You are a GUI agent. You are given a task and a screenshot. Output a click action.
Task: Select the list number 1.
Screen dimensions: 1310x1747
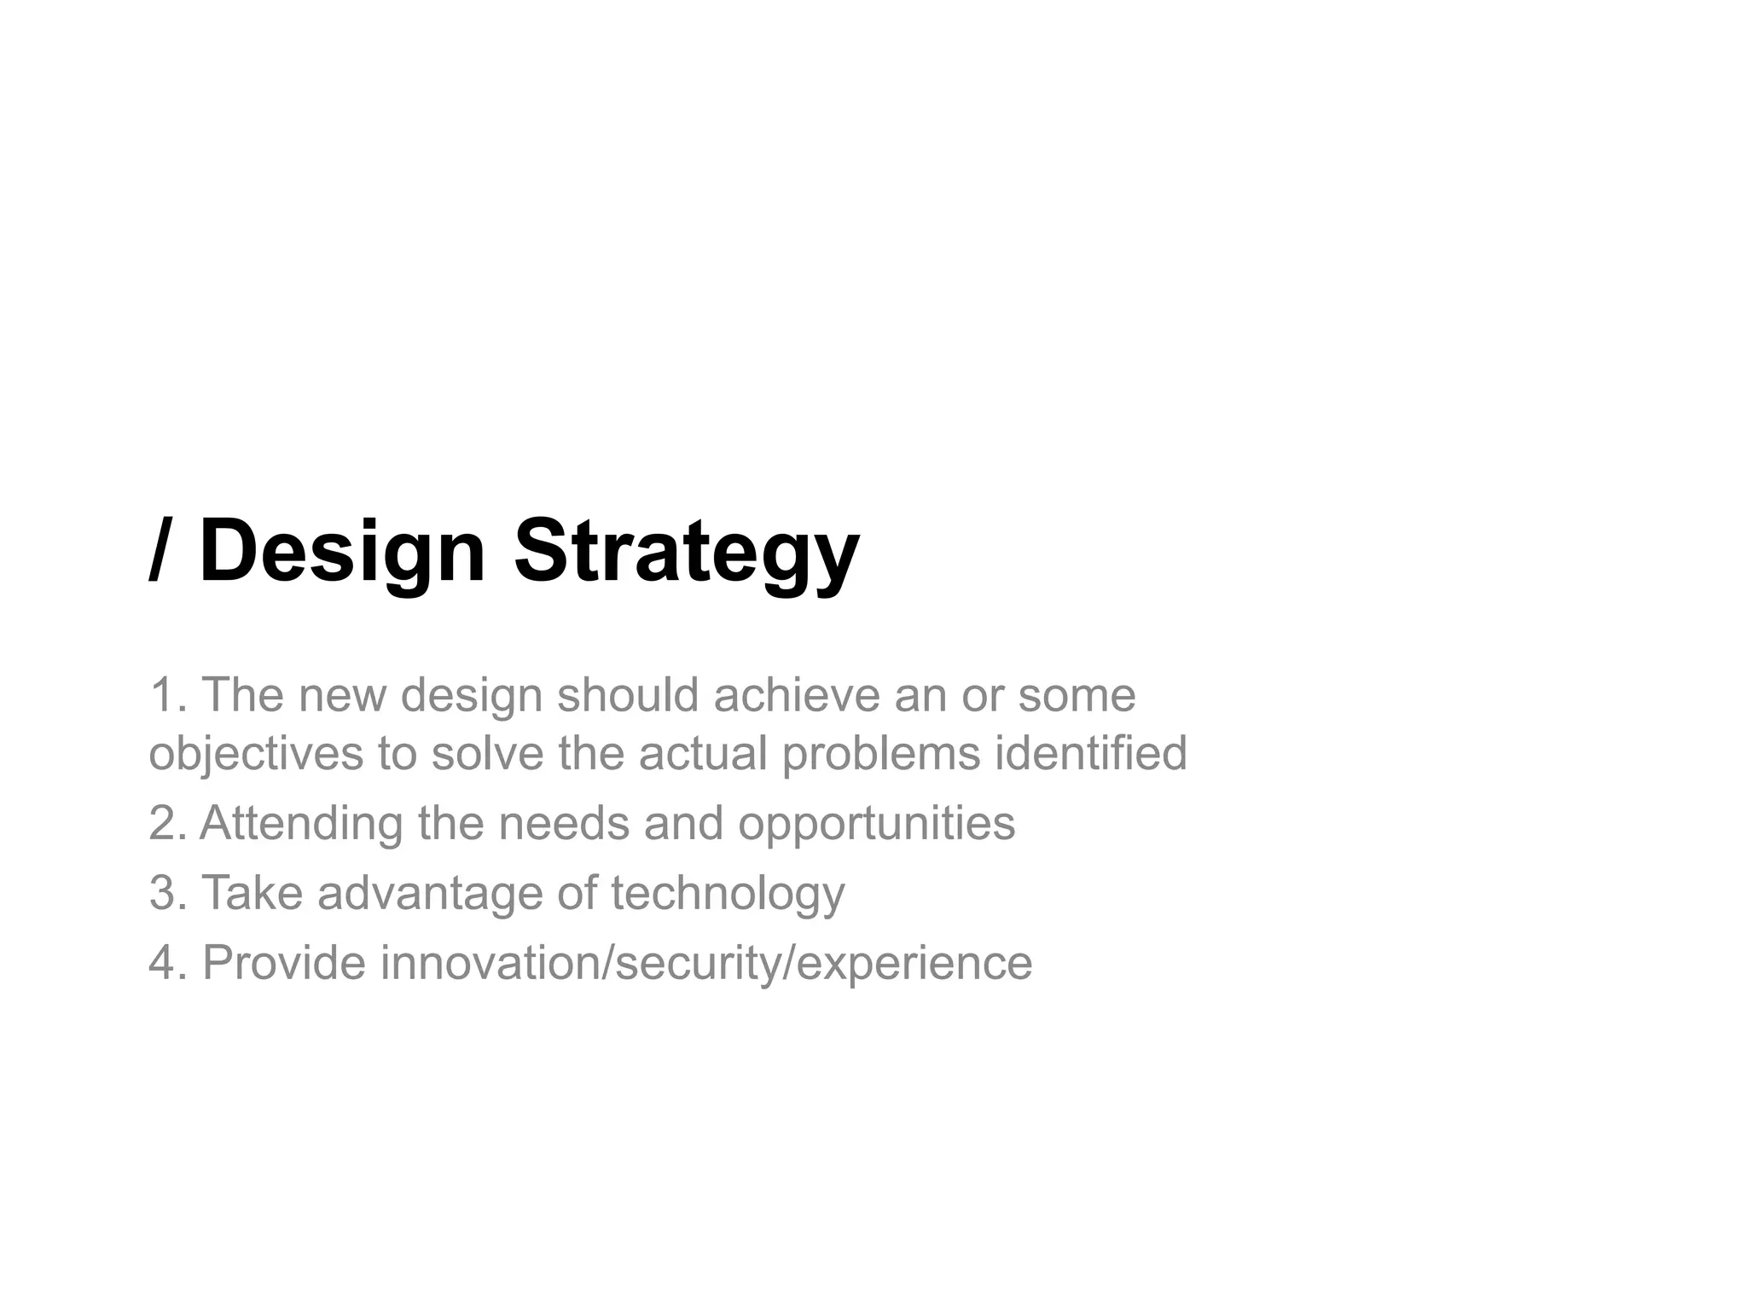[164, 694]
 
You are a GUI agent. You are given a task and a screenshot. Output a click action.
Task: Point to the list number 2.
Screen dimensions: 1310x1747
[164, 823]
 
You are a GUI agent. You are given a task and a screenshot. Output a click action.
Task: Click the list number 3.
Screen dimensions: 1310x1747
[164, 892]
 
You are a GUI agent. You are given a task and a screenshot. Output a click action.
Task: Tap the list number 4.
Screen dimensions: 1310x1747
[164, 962]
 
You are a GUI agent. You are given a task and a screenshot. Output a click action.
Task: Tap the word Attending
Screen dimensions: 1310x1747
[301, 823]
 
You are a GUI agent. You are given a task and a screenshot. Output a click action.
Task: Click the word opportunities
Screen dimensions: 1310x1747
[876, 823]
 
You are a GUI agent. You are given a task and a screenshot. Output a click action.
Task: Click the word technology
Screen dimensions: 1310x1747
[728, 892]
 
